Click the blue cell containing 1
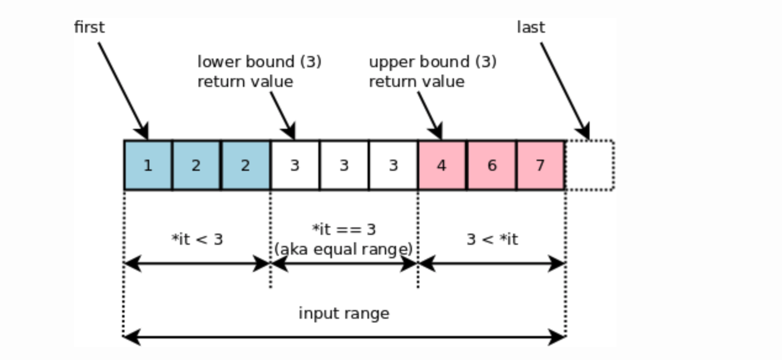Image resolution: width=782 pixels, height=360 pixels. click(148, 165)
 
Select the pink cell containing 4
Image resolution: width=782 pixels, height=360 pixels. click(442, 165)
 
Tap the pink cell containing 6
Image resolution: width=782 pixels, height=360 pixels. click(491, 165)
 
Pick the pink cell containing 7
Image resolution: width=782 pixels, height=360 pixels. click(540, 165)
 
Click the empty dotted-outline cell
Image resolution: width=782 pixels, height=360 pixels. click(590, 165)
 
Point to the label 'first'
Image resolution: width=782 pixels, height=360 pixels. click(89, 28)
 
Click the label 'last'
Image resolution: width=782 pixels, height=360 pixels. click(531, 28)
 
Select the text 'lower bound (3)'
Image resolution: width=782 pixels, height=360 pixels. click(259, 62)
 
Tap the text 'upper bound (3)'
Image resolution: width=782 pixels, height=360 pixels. click(432, 62)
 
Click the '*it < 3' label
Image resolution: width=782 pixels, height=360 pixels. click(197, 239)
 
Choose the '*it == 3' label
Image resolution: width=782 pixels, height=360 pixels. click(344, 230)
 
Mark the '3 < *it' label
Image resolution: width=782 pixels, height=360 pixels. click(492, 239)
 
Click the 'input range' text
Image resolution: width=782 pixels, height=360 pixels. click(344, 313)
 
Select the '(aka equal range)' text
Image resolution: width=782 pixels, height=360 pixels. click(344, 248)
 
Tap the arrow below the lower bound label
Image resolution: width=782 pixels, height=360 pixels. click(282, 115)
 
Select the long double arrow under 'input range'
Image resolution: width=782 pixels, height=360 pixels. click(344, 337)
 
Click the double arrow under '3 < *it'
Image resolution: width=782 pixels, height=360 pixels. click(492, 264)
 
